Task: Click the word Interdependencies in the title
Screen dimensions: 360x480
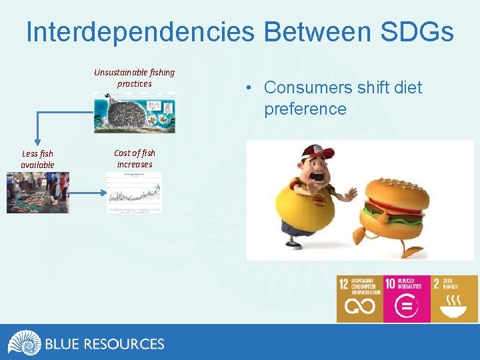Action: (140, 32)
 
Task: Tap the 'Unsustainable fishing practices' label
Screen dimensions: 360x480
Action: (134, 78)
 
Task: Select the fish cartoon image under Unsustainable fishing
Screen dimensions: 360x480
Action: (134, 113)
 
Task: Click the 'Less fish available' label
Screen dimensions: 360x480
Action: (37, 159)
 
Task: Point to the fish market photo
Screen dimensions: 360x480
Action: (37, 193)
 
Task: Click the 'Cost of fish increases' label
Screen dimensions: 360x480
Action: (134, 159)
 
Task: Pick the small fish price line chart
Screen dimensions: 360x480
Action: (134, 193)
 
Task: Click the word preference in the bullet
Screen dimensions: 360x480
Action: (305, 109)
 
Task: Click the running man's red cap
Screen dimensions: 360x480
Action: (318, 155)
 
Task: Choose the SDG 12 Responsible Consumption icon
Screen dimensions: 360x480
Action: (360, 299)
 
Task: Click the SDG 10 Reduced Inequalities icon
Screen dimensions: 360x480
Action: (407, 299)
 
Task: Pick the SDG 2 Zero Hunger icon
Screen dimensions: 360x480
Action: (454, 299)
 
